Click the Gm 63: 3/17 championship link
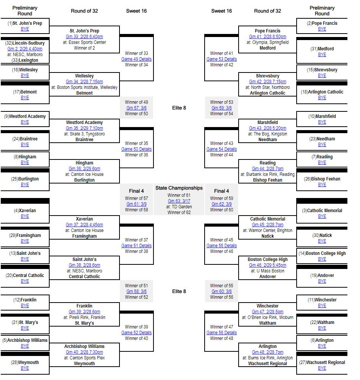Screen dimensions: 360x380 point(179,201)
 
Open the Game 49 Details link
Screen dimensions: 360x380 point(137,59)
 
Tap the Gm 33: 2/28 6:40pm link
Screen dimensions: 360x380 point(84,37)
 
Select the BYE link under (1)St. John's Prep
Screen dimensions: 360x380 point(25,29)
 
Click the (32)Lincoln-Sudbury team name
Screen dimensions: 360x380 point(25,43)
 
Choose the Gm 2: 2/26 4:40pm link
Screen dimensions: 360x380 point(25,49)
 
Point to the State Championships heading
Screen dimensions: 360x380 point(179,188)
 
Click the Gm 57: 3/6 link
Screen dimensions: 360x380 point(137,108)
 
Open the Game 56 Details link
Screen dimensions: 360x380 point(221,333)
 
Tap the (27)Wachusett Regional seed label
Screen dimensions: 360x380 point(322,362)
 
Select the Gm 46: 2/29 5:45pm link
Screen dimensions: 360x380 point(267,265)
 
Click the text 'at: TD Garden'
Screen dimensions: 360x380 point(179,207)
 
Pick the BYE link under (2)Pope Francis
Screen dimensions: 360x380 point(322,29)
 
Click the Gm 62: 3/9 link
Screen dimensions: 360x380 point(221,204)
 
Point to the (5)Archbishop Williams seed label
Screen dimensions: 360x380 point(25,340)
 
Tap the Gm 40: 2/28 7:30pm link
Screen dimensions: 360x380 point(84,352)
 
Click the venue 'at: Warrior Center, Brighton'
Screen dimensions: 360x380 point(267,230)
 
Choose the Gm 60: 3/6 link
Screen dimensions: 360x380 point(221,291)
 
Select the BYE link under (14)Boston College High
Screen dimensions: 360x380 point(322,259)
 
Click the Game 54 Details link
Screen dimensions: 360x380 point(221,149)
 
